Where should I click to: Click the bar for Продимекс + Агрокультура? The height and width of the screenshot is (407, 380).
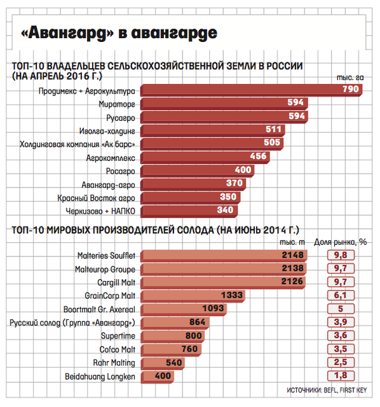click(x=251, y=90)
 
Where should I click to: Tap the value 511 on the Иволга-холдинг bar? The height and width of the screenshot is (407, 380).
click(x=273, y=129)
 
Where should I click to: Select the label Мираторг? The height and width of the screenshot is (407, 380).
click(x=117, y=104)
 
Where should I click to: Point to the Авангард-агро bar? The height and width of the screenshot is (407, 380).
click(x=193, y=184)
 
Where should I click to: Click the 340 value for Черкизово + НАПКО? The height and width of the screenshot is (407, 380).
click(x=225, y=210)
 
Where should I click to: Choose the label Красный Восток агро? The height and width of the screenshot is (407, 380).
click(x=96, y=198)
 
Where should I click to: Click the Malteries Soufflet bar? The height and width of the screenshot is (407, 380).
click(x=224, y=256)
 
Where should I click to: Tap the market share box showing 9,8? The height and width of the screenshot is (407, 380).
click(x=341, y=255)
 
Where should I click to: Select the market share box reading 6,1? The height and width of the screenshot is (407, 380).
click(x=341, y=295)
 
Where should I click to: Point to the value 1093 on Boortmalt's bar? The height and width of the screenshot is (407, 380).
click(x=213, y=308)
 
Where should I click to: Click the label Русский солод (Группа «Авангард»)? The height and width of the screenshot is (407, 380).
click(x=72, y=322)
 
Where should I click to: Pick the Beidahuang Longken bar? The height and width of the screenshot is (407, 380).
click(x=158, y=376)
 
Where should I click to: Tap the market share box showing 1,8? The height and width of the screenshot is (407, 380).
click(x=341, y=376)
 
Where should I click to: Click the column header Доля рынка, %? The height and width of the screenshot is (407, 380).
click(x=341, y=242)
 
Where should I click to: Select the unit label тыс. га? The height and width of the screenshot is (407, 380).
click(x=350, y=78)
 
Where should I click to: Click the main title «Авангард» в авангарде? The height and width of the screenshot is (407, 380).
click(x=119, y=33)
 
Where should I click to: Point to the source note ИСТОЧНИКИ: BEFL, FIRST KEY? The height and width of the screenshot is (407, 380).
click(x=327, y=390)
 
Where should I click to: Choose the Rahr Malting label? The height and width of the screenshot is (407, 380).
click(x=114, y=362)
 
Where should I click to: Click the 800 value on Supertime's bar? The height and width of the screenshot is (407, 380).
click(x=194, y=335)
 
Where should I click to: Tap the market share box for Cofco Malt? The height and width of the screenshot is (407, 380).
click(x=341, y=349)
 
